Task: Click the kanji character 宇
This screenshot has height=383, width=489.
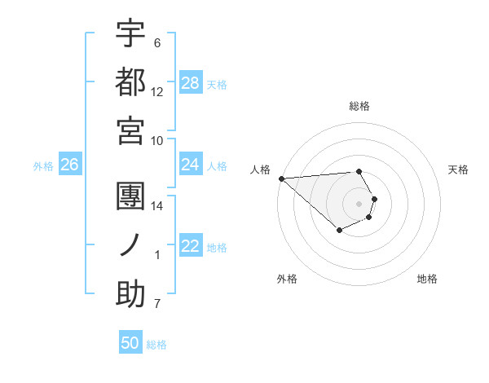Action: pyautogui.click(x=130, y=33)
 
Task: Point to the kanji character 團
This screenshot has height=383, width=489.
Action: pyautogui.click(x=130, y=196)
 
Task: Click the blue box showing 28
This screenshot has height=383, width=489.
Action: pyautogui.click(x=191, y=83)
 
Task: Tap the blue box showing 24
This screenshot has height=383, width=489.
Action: pyautogui.click(x=191, y=165)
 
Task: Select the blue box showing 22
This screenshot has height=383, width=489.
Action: pyautogui.click(x=191, y=246)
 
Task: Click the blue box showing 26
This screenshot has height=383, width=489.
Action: pyautogui.click(x=69, y=165)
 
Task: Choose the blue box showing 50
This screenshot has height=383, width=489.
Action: pyautogui.click(x=130, y=343)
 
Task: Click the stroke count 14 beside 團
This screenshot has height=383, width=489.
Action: pyautogui.click(x=157, y=206)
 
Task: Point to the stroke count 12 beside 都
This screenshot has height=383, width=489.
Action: pyautogui.click(x=157, y=91)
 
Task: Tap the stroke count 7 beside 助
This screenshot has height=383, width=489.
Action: pyautogui.click(x=157, y=305)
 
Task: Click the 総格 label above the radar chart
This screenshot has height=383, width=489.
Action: pyautogui.click(x=359, y=106)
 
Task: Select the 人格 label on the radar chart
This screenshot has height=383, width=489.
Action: pyautogui.click(x=261, y=169)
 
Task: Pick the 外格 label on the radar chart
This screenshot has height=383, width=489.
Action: pyautogui.click(x=287, y=279)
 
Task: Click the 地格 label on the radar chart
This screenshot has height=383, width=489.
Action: pyautogui.click(x=427, y=279)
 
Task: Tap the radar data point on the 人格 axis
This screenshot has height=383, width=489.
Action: pyautogui.click(x=281, y=178)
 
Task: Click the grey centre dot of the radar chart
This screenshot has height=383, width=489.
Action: pyautogui.click(x=359, y=204)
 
